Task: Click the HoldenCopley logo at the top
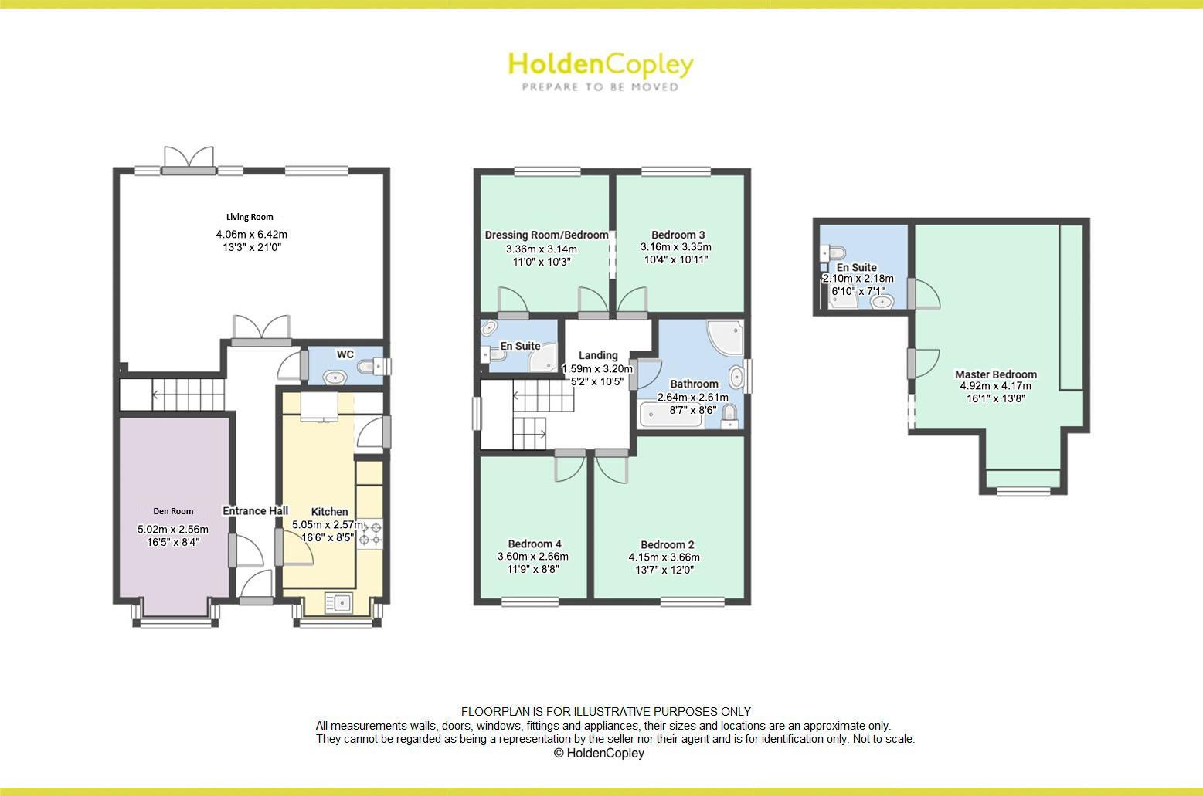(x=600, y=64)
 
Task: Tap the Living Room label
(x=250, y=217)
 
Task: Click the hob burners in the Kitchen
(x=370, y=533)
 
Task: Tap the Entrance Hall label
(x=255, y=511)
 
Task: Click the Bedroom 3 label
(x=678, y=235)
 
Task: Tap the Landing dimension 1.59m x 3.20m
(x=597, y=369)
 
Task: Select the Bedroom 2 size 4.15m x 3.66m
(x=664, y=557)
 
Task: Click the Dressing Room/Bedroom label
(x=546, y=235)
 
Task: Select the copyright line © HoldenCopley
(x=599, y=753)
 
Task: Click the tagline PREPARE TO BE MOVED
(x=600, y=87)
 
